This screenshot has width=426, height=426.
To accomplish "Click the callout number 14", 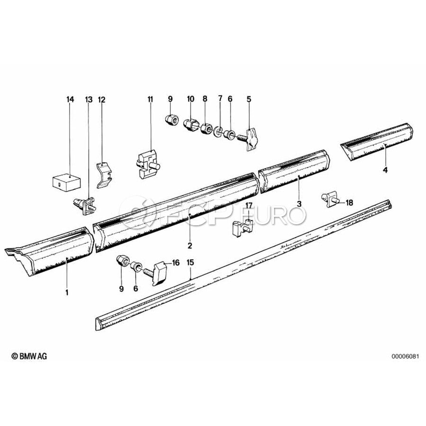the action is (x=70, y=99).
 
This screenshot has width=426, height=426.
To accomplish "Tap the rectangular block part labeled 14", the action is (x=66, y=181).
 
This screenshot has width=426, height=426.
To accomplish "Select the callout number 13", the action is (x=89, y=99).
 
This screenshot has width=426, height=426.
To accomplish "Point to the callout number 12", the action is (x=101, y=100).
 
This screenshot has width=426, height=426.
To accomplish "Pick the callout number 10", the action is (x=191, y=99).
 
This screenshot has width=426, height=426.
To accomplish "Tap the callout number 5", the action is (x=249, y=99).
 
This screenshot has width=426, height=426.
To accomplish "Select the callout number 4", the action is (x=385, y=170).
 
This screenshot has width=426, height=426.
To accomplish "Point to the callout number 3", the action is (x=299, y=204).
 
